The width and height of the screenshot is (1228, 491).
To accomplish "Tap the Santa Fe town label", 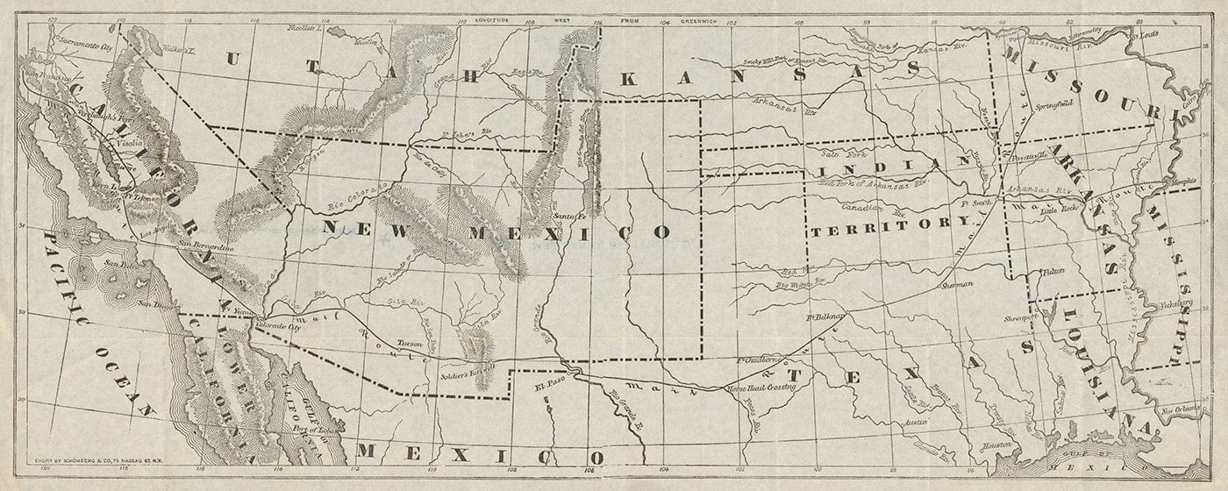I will [568, 215].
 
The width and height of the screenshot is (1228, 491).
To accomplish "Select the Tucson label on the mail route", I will [410, 345].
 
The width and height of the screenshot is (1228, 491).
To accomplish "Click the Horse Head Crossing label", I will [760, 387].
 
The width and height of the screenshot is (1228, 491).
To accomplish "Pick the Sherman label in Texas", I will [957, 285].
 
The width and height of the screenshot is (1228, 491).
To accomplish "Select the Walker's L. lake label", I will [177, 52].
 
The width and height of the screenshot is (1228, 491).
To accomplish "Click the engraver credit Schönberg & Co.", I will [85, 455].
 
